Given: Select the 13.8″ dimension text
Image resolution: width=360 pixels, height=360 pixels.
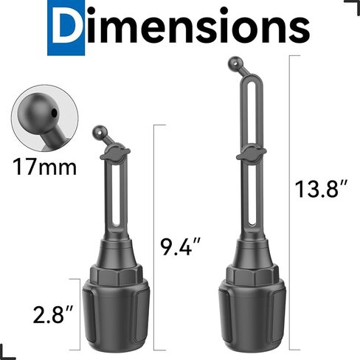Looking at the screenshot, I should (321, 190).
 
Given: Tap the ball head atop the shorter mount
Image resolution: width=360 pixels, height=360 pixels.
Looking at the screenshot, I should (99, 132).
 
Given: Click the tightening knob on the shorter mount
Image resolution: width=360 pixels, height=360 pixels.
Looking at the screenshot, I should (114, 155).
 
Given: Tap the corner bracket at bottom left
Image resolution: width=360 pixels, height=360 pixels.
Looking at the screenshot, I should (7, 353).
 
